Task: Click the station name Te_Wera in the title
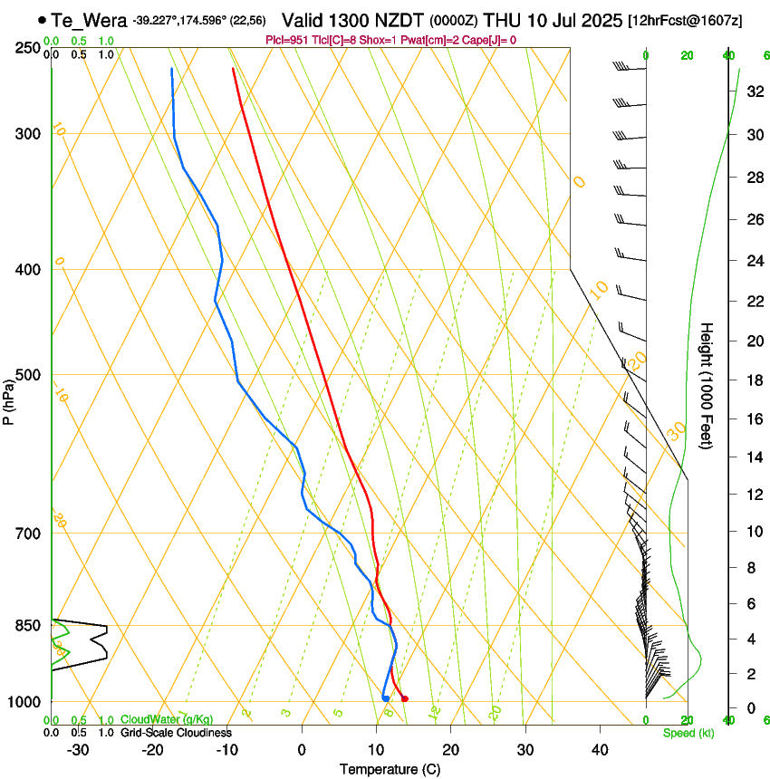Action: pos(88,20)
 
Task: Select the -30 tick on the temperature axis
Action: pos(78,750)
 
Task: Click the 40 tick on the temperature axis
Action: pos(599,750)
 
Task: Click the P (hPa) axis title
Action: pos(9,399)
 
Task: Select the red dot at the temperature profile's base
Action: pos(404,698)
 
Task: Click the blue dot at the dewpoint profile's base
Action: pos(386,698)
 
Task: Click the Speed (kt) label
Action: pos(688,733)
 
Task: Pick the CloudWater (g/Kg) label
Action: pos(154,720)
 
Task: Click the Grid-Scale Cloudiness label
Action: pos(176,733)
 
